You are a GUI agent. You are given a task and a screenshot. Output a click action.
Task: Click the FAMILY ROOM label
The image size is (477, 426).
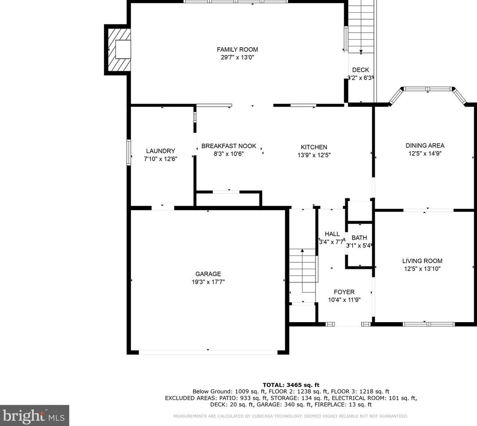coord(237,50)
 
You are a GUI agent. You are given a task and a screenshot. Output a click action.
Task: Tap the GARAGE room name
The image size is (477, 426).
coord(208,274)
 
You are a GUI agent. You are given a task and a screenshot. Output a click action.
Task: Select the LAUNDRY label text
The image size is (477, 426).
coord(160,151)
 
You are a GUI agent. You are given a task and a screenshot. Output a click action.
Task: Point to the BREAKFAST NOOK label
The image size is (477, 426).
coord(229,146)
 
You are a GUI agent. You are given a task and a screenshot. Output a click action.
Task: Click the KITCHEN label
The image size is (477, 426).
coord(314,147)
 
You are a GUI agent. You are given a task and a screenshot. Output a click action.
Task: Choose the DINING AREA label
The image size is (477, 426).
coord(425,145)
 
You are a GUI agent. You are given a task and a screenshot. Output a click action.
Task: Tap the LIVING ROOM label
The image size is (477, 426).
coord(422,261)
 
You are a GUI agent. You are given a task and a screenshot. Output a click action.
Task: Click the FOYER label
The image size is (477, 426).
coord(344,292)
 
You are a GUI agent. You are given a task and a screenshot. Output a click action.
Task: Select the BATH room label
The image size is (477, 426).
coord(359,237)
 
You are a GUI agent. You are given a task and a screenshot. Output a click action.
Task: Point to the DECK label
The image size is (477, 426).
coord(360,70)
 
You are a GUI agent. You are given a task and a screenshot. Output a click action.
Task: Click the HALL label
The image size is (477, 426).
coord(332,234)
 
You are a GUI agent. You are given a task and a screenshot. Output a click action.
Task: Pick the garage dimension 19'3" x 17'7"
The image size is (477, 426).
coord(208,282)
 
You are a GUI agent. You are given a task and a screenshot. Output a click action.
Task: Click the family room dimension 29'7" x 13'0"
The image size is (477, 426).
coord(237,57)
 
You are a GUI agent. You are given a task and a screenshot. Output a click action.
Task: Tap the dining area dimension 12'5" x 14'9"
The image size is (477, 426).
coord(425,154)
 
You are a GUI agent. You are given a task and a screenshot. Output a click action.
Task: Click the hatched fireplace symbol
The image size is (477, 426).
coord(118,50)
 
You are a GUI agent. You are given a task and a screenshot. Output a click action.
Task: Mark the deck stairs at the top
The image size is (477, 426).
coord(361,27)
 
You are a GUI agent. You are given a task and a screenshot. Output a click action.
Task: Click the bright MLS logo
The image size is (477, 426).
coord(34,416)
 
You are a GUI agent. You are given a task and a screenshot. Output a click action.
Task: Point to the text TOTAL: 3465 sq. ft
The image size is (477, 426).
coord(291,385)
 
